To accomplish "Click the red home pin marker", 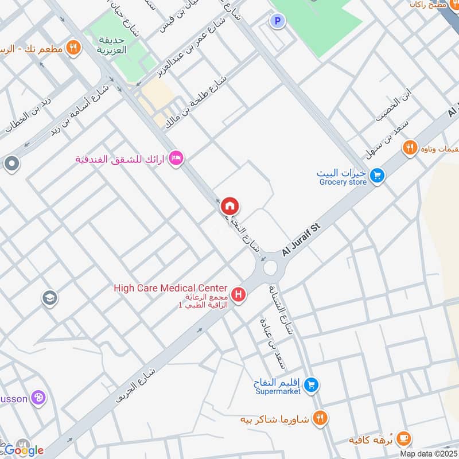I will point(230,206).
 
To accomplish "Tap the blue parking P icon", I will point(278,21).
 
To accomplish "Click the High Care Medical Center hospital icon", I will point(238,295).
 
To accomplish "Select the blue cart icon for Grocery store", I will point(376,175).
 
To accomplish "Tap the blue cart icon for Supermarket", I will point(311,384).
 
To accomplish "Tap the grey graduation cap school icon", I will point(50,298).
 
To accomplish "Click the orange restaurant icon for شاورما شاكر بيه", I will point(320,419).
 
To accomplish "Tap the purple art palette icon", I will point(38,398).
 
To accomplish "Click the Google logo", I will point(24,450).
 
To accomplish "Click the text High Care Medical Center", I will point(170,288).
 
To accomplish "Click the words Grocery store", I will point(342,182).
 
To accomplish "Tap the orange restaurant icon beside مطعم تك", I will point(72,48).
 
